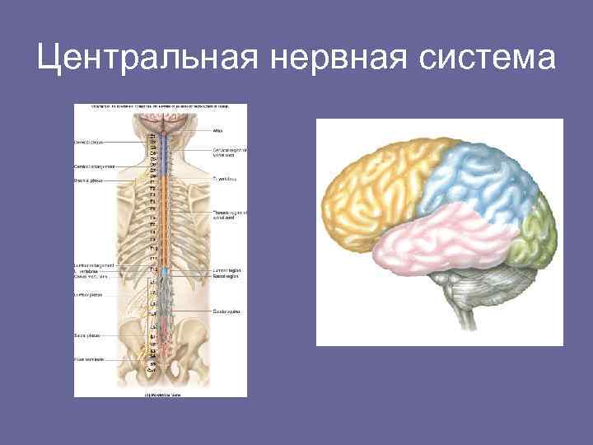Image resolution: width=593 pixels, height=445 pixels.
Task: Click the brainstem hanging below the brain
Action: pyautogui.click(x=449, y=309)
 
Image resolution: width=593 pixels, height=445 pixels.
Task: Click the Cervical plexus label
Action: pyautogui.click(x=88, y=142)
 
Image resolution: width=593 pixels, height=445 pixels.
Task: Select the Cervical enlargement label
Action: pyautogui.click(x=89, y=166)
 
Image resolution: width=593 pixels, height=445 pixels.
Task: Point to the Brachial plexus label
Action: pyautogui.click(x=87, y=180)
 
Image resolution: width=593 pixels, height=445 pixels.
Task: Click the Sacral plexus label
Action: pyautogui.click(x=86, y=337)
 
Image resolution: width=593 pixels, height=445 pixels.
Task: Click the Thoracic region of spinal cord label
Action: pyautogui.click(x=230, y=215)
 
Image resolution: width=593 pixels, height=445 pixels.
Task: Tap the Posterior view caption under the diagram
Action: pyautogui.click(x=166, y=394)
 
